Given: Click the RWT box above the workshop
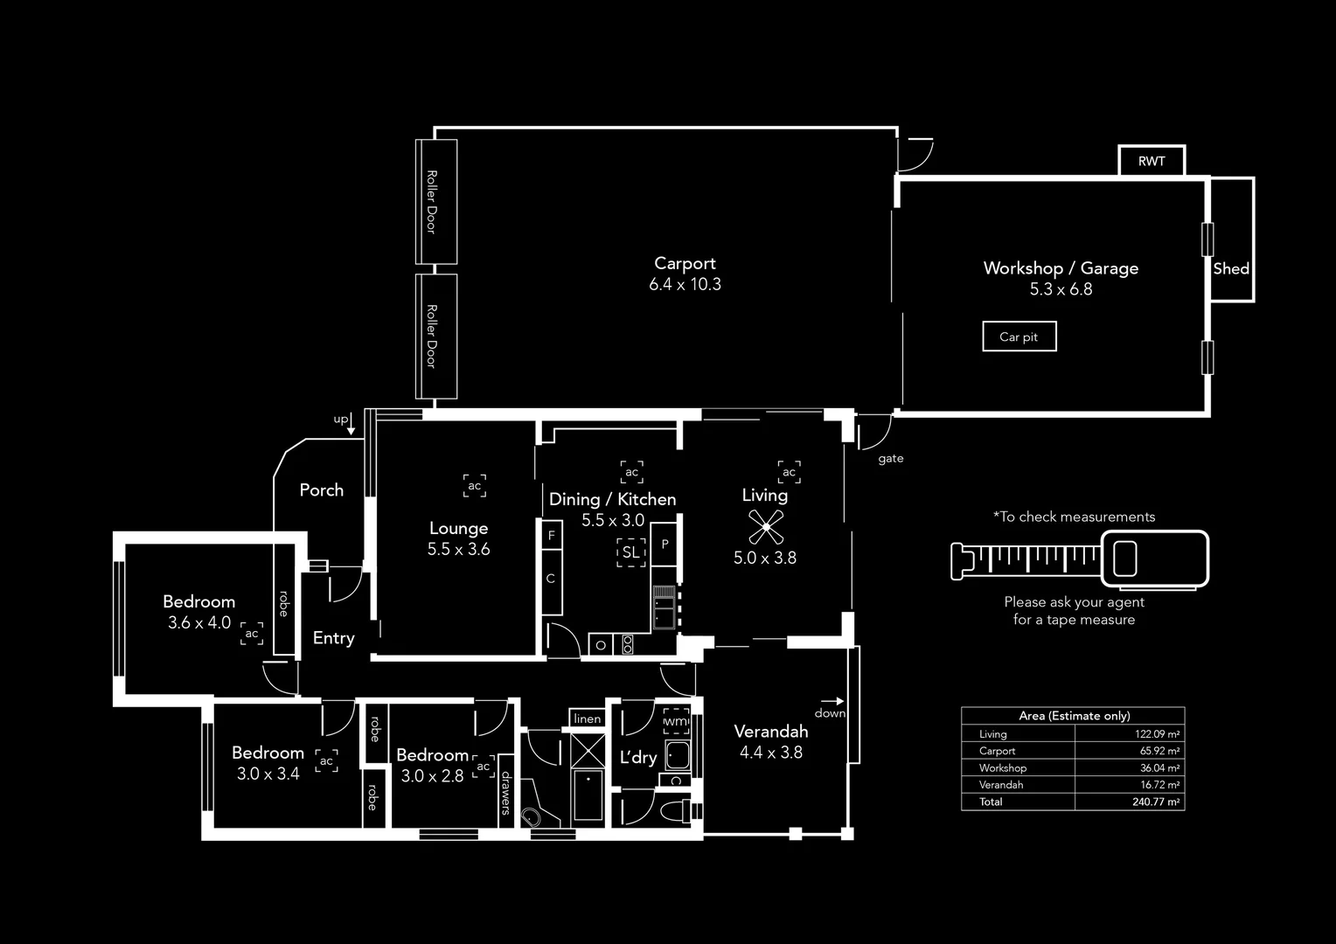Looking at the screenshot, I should tap(1152, 161).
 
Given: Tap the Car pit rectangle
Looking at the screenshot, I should tap(1019, 337).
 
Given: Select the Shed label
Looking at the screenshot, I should tap(1231, 268).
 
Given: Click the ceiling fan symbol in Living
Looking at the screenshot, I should tap(765, 527).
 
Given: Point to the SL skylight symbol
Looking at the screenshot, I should tap(630, 552).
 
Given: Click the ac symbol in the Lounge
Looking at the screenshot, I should tap(475, 486).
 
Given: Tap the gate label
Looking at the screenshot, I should tap(890, 458).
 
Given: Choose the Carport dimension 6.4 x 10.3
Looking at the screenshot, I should tap(685, 284).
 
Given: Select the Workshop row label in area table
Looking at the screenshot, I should tap(1003, 767).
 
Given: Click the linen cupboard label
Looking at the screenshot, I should tap(588, 718).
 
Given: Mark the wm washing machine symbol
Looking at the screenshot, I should tap(676, 721).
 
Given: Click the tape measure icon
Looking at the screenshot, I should tap(1080, 559).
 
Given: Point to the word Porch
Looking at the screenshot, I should tap(322, 490).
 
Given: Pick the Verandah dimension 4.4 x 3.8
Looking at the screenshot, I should tap(770, 753).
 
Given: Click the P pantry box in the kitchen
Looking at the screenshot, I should tap(665, 545).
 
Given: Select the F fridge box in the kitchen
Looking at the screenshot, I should tap(551, 535).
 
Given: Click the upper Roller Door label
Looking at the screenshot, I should tap(432, 201).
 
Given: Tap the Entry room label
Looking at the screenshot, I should tap(334, 638).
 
